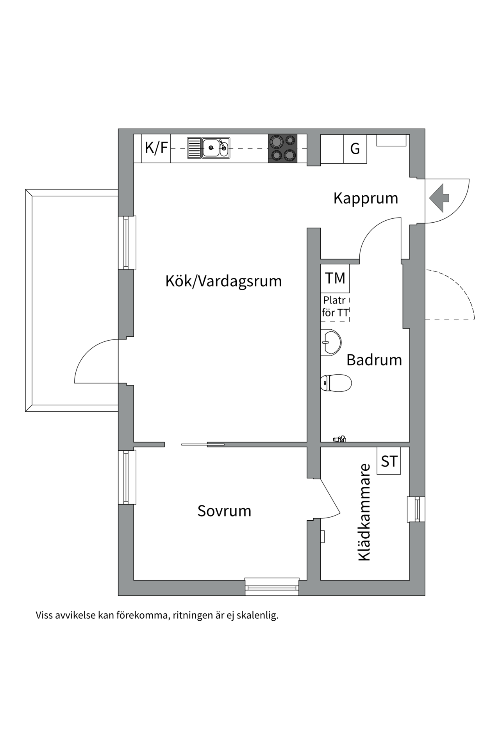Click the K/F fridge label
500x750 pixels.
156,148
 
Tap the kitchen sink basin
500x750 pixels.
211,148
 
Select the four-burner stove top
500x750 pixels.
282,148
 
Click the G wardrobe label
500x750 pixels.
355,149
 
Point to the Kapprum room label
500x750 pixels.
366,198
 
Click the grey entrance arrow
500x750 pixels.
439,198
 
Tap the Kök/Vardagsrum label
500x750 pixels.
223,281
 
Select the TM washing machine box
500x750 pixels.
335,279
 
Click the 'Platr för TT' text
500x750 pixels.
335,307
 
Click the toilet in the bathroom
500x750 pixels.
336,383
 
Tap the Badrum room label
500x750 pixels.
374,360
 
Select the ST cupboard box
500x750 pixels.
389,461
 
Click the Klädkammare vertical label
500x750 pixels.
364,512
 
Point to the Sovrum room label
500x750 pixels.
224,511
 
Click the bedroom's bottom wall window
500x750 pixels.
272,587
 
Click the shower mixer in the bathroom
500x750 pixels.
339,439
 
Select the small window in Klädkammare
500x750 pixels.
416,509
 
